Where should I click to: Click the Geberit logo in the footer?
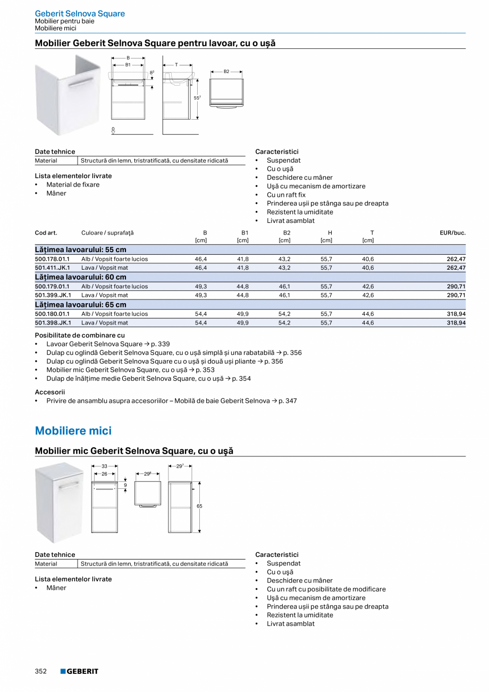click(x=79, y=671)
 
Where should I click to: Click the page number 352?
click(x=41, y=671)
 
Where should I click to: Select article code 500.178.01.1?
click(x=52, y=259)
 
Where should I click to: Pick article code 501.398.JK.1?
click(x=53, y=323)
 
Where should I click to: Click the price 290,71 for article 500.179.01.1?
click(x=456, y=287)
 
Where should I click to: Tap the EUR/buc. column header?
click(x=452, y=233)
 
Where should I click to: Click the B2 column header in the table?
click(x=286, y=233)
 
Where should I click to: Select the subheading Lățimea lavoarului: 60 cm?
click(x=81, y=277)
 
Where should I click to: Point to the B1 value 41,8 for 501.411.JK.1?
click(x=242, y=268)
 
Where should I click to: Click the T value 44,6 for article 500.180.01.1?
click(x=368, y=314)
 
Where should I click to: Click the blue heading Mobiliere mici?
click(x=73, y=431)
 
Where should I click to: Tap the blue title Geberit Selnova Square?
click(x=80, y=14)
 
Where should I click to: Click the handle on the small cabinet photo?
click(x=69, y=486)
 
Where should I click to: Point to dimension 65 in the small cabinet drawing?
click(x=199, y=506)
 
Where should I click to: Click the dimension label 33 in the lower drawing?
click(x=105, y=466)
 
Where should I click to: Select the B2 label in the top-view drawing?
click(x=226, y=71)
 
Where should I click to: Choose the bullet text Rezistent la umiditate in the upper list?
click(x=300, y=212)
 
